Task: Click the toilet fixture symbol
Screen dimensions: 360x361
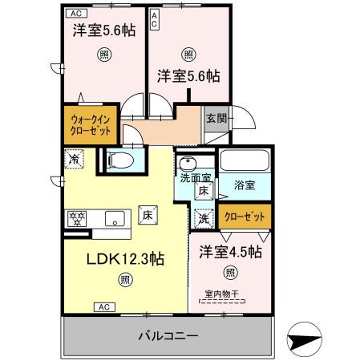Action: (x=120, y=160)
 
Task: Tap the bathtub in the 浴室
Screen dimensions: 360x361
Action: (x=245, y=160)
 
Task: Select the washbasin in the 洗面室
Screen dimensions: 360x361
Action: (x=188, y=163)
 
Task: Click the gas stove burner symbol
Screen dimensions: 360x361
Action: (x=77, y=219)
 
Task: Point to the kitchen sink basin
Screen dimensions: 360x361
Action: (x=115, y=218)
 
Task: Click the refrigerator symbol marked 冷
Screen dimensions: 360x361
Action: (x=74, y=159)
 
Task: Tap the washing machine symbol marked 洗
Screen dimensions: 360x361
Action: (x=204, y=219)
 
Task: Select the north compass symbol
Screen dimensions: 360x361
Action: (x=304, y=339)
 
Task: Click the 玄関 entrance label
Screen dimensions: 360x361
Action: (x=216, y=118)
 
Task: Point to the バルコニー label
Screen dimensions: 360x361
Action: (x=168, y=335)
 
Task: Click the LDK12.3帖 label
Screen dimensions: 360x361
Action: (x=125, y=259)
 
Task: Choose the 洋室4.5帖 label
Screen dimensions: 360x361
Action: (x=230, y=252)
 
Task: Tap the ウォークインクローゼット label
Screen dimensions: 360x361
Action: (x=91, y=125)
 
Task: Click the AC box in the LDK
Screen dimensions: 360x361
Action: (x=104, y=307)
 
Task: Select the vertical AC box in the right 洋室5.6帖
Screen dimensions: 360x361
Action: (x=154, y=19)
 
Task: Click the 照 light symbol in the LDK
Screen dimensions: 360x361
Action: (x=125, y=280)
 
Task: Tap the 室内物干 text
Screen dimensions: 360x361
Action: (x=221, y=294)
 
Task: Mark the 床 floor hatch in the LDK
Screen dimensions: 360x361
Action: (x=148, y=215)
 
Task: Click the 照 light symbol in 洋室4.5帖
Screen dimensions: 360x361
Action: (x=230, y=273)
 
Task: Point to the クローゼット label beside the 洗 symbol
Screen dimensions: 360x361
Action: (x=245, y=217)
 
